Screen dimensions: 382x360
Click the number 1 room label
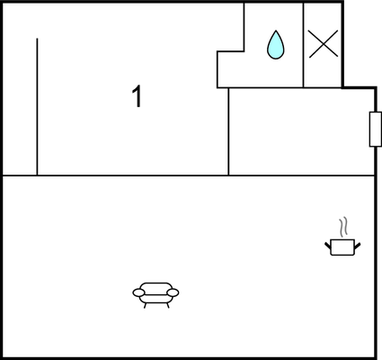click(x=137, y=96)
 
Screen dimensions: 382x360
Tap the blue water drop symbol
click(x=276, y=45)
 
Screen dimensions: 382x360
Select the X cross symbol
click(x=324, y=44)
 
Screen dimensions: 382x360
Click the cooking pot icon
click(x=342, y=237)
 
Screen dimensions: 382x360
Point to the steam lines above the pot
click(x=343, y=227)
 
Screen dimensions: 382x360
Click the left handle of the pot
click(x=327, y=246)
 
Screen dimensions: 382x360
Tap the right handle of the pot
click(x=358, y=246)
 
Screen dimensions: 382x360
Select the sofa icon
click(x=155, y=295)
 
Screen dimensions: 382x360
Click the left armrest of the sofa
click(x=138, y=292)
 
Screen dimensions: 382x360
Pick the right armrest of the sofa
click(x=173, y=292)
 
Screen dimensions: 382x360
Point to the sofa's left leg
click(x=146, y=305)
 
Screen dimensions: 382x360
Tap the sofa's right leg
click(x=167, y=305)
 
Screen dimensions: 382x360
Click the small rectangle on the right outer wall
click(x=376, y=130)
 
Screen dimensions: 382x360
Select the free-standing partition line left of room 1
click(x=37, y=106)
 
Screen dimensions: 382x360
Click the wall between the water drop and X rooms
click(x=303, y=45)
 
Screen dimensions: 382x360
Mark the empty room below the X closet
click(x=301, y=131)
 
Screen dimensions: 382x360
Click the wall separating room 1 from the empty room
click(x=228, y=131)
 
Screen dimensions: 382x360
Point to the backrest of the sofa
click(x=156, y=287)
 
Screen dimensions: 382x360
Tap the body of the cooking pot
click(x=342, y=247)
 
